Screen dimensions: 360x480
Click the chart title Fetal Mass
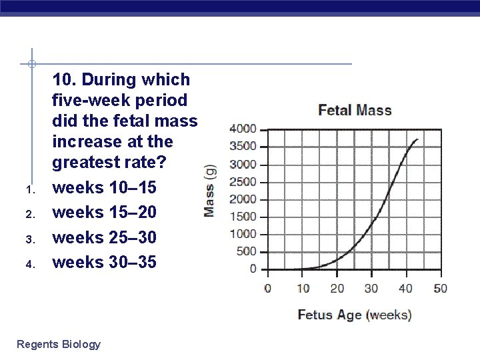pyautogui.click(x=355, y=110)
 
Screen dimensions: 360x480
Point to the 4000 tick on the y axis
pyautogui.click(x=243, y=129)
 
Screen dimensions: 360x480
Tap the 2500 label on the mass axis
pyautogui.click(x=243, y=181)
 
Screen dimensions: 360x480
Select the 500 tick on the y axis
pyautogui.click(x=247, y=251)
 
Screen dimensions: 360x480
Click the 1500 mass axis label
pyautogui.click(x=243, y=217)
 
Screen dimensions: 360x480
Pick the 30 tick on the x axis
pyautogui.click(x=371, y=289)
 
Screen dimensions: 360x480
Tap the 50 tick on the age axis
pyautogui.click(x=440, y=289)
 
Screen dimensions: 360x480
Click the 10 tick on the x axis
pyautogui.click(x=302, y=289)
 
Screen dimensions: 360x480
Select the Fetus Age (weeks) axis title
pyautogui.click(x=354, y=315)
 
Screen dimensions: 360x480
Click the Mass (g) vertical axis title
pyautogui.click(x=209, y=191)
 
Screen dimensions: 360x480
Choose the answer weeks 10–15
pyautogui.click(x=104, y=189)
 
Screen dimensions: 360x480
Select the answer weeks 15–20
pyautogui.click(x=104, y=213)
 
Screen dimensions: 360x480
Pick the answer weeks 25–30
pyautogui.click(x=104, y=237)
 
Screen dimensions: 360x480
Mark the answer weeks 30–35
pyautogui.click(x=104, y=262)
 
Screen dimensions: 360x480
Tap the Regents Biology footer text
pyautogui.click(x=59, y=344)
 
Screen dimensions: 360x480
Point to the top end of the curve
pyautogui.click(x=417, y=139)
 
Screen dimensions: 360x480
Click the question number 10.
pyautogui.click(x=65, y=80)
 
